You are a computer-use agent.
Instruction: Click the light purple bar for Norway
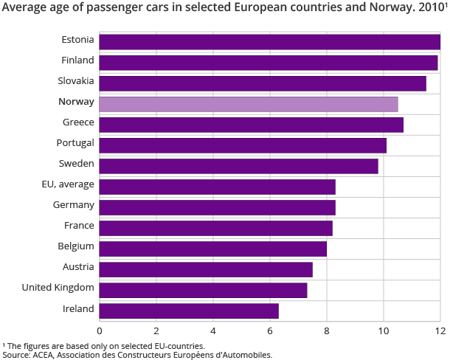(x=248, y=104)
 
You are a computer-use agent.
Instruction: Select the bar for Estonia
(x=269, y=42)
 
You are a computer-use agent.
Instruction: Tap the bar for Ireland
(x=189, y=311)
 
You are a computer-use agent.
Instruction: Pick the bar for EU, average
(x=217, y=187)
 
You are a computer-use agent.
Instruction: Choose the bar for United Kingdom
(x=203, y=290)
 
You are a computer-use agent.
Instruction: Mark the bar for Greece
(x=251, y=125)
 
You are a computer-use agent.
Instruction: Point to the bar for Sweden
(x=238, y=166)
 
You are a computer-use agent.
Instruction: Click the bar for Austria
(x=206, y=269)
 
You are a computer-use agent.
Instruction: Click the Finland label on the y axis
(x=77, y=60)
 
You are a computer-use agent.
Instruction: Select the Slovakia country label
(x=75, y=80)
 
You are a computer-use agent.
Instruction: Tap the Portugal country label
(x=75, y=142)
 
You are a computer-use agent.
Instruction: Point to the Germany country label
(x=74, y=204)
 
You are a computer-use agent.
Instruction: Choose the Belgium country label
(x=76, y=246)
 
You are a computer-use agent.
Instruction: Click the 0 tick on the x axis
(x=100, y=331)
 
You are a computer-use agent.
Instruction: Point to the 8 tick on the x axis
(x=327, y=331)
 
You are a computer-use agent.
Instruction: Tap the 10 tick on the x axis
(x=384, y=331)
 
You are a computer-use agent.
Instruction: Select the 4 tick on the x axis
(x=213, y=331)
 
